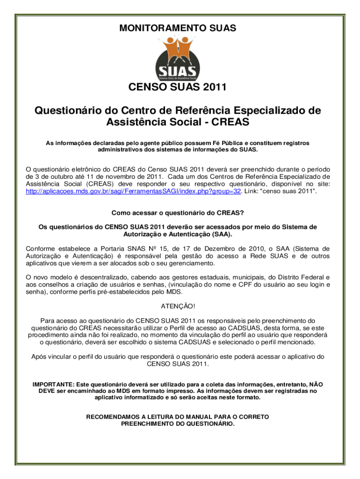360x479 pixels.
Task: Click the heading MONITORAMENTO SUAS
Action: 178,29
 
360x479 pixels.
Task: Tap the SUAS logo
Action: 178,58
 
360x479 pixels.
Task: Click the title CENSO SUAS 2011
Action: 177,87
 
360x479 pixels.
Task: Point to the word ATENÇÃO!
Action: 178,306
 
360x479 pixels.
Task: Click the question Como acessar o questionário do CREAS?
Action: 178,213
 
